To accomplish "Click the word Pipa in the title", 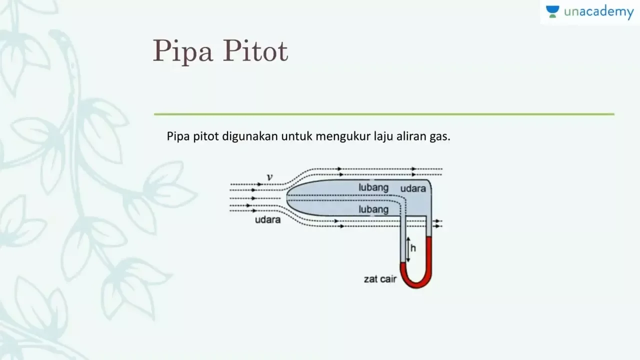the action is (x=183, y=51).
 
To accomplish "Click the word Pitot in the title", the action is (x=255, y=50).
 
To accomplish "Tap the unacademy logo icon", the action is (x=552, y=11).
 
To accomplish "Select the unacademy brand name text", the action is (x=599, y=12).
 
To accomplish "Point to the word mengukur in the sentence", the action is (x=343, y=136).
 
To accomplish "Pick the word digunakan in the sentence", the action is (x=250, y=136).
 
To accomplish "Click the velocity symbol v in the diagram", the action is (x=269, y=177).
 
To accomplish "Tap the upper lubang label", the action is (x=373, y=187).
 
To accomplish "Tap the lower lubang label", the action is (x=373, y=209).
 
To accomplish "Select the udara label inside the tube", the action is (x=413, y=188).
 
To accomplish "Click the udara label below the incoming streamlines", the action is (x=267, y=219).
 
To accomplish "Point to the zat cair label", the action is (x=380, y=279).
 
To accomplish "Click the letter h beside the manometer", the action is (x=413, y=248).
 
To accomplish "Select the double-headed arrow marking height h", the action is (x=408, y=249).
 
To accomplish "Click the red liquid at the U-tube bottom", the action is (x=416, y=284).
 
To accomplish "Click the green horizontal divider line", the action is (x=384, y=114).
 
